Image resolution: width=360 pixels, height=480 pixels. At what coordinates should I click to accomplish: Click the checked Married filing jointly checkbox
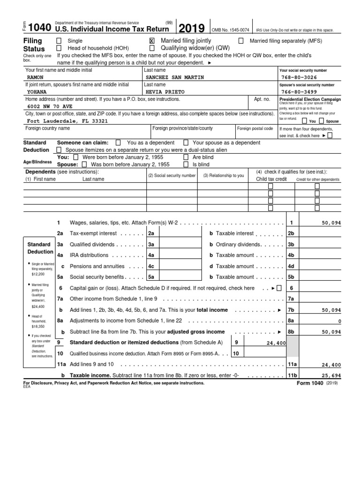(x=151, y=41)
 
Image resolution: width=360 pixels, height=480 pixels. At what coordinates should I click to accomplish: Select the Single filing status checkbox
(x=59, y=41)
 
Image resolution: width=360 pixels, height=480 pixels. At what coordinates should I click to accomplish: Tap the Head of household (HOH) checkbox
(x=59, y=48)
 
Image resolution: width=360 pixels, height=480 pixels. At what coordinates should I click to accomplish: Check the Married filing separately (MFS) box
(x=241, y=41)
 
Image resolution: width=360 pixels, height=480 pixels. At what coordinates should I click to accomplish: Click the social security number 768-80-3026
(x=300, y=77)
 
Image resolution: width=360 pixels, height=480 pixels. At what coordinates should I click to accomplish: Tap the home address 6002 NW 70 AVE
(x=50, y=106)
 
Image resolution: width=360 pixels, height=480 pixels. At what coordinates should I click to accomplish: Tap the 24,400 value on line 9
(x=276, y=343)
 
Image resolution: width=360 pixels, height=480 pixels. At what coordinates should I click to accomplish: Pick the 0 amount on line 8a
(x=339, y=321)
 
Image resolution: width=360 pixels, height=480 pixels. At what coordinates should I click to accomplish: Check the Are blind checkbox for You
(x=186, y=157)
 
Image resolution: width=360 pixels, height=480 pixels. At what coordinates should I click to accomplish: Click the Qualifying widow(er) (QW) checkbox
(x=151, y=48)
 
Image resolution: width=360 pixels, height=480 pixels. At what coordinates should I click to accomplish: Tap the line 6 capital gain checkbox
(x=279, y=288)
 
